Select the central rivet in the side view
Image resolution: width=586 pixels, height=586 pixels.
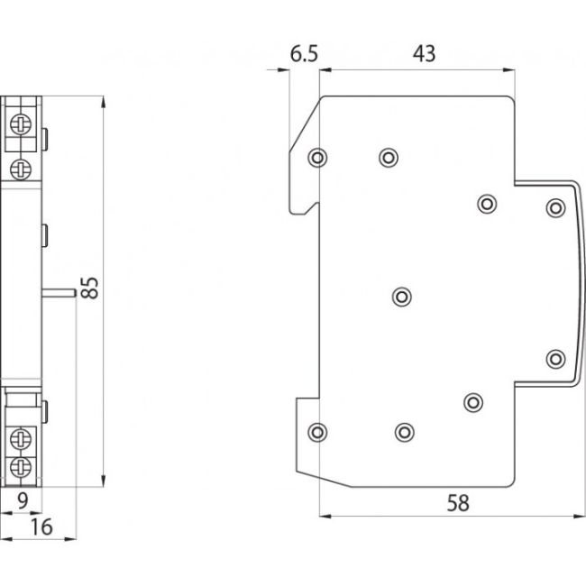point(403,296)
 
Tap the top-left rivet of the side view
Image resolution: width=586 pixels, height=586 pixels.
point(316,158)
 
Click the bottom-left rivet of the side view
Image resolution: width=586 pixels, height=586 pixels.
point(316,432)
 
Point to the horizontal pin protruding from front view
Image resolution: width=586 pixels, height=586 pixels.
point(60,290)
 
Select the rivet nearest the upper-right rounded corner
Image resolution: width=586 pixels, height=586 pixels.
point(554,208)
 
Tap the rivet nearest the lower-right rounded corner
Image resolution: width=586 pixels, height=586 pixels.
point(554,359)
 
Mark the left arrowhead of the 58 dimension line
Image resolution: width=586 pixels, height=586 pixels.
point(325,517)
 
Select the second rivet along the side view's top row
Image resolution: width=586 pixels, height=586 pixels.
point(389,158)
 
